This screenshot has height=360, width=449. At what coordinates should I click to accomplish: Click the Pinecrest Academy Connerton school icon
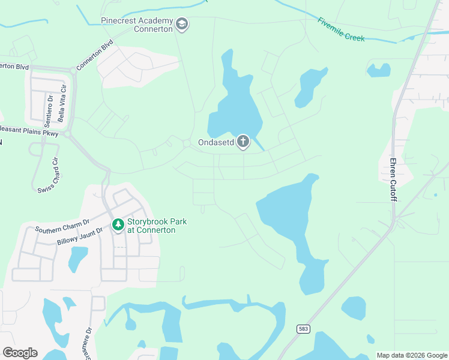(x=182, y=25)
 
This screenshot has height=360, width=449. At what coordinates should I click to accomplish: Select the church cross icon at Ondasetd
(x=243, y=142)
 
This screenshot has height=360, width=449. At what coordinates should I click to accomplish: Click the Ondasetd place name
(x=216, y=143)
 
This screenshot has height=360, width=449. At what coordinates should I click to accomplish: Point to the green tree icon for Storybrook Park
(x=118, y=225)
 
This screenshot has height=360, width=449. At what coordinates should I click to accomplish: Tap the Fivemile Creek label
(x=341, y=29)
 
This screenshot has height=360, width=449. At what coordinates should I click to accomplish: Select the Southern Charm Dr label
(x=62, y=225)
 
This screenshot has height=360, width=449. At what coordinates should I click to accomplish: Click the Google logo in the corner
(x=20, y=353)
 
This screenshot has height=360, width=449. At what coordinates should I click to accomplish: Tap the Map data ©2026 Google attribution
(x=412, y=355)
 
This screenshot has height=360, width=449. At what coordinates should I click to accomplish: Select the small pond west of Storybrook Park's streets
(x=77, y=259)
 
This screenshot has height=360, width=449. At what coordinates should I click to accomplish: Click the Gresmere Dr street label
(x=88, y=342)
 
